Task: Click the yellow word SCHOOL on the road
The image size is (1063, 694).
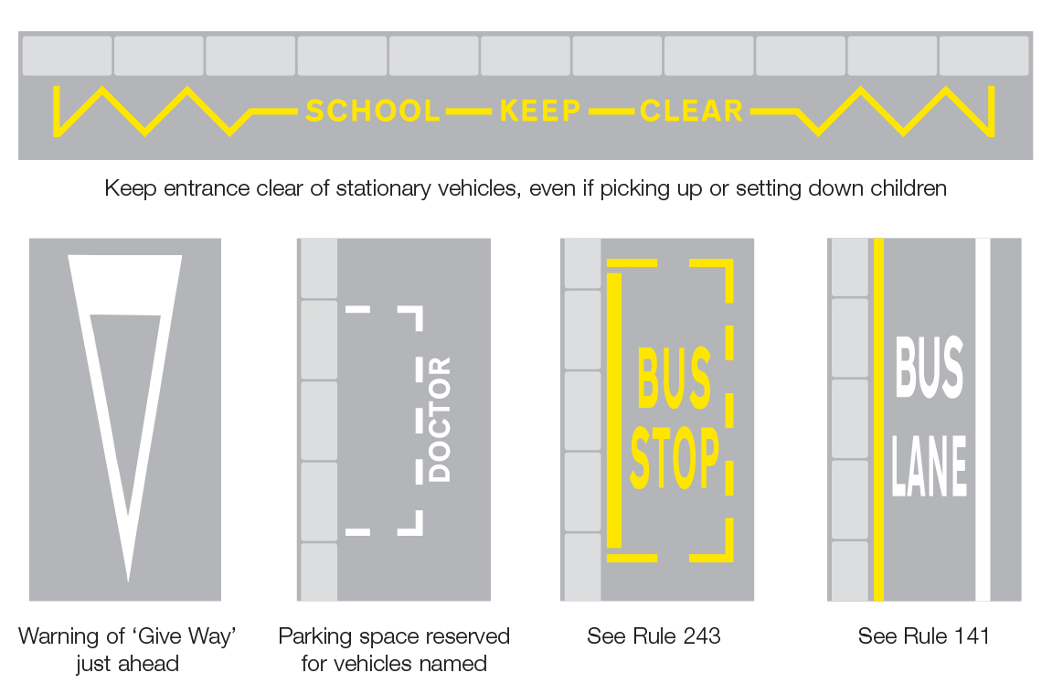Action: click(372, 112)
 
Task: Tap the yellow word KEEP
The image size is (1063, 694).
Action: click(540, 112)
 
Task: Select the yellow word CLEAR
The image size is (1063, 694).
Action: click(692, 112)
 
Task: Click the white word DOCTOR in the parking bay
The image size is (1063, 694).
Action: click(440, 420)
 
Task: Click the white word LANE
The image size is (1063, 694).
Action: click(930, 465)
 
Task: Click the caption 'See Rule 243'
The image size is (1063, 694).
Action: click(654, 636)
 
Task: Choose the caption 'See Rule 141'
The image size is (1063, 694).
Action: click(923, 636)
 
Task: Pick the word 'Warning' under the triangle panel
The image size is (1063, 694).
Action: click(56, 636)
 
